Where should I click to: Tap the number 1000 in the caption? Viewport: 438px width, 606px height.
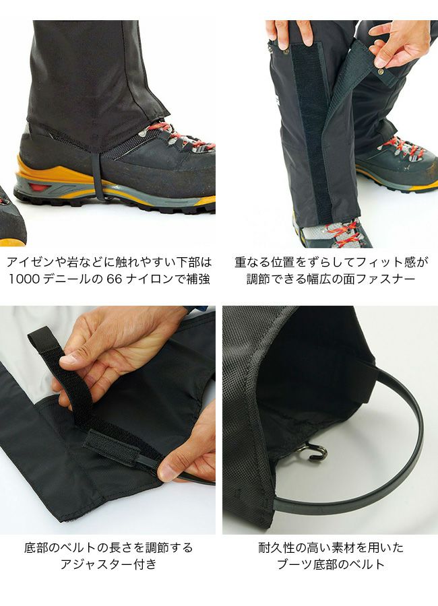[24, 279]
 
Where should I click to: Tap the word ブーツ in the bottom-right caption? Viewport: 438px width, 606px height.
[295, 564]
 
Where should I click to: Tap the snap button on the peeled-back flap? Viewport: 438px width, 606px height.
[381, 71]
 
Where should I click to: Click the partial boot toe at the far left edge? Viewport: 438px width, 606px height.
[11, 218]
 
